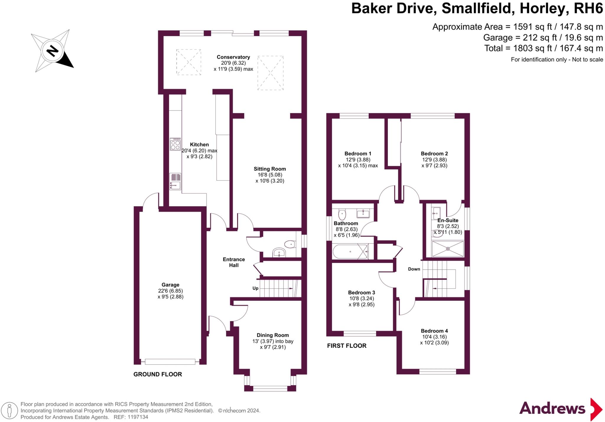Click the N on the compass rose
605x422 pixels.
click(53, 51)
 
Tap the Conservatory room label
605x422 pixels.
click(233, 57)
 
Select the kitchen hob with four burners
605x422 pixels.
click(175, 144)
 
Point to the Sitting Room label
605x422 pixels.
click(270, 169)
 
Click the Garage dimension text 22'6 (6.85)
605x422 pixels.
click(170, 291)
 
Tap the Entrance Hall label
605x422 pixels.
click(234, 262)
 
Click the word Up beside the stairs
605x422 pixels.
click(255, 288)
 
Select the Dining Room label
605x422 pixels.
click(272, 335)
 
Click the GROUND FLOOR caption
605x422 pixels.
click(157, 374)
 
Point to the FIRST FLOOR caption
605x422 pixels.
click(347, 346)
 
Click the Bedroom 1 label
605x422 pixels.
click(358, 153)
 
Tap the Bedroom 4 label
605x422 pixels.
click(434, 331)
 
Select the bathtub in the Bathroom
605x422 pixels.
click(351, 251)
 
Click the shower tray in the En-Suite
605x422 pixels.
click(448, 249)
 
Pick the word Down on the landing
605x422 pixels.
click(414, 269)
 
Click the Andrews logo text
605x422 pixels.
click(552, 409)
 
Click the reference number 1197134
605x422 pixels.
click(138, 417)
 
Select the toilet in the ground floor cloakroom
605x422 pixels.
click(290, 244)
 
